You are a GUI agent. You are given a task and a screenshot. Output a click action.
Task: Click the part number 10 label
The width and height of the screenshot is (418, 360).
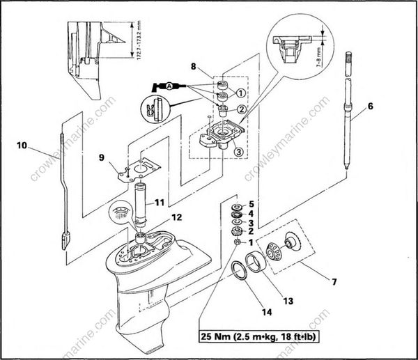point(22,147)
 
